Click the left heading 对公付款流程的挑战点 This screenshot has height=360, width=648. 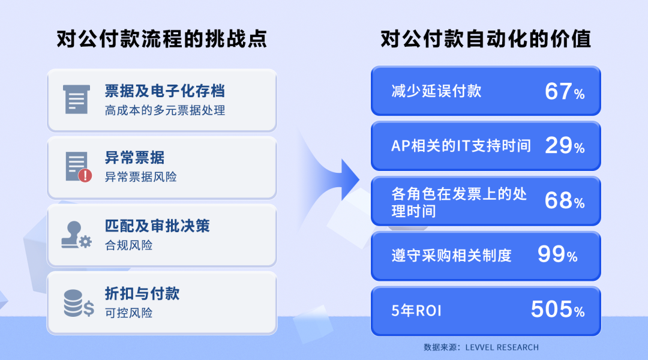click(161, 40)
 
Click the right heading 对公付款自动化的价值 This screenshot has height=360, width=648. click(485, 40)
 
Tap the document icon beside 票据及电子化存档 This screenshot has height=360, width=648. click(76, 99)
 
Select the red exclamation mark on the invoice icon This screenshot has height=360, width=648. click(85, 175)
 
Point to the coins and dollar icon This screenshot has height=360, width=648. click(79, 303)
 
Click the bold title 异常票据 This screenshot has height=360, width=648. click(134, 158)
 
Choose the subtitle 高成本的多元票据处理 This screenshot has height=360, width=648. click(165, 111)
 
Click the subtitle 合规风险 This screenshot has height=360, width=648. click(128, 245)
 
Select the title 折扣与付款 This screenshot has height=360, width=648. click(142, 294)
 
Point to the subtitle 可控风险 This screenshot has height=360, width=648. click(128, 313)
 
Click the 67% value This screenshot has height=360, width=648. click(564, 92)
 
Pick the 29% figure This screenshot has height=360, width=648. click(564, 146)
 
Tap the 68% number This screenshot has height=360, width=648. click(564, 201)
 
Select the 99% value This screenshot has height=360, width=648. click(557, 255)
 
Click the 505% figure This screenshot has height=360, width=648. click(557, 310)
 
